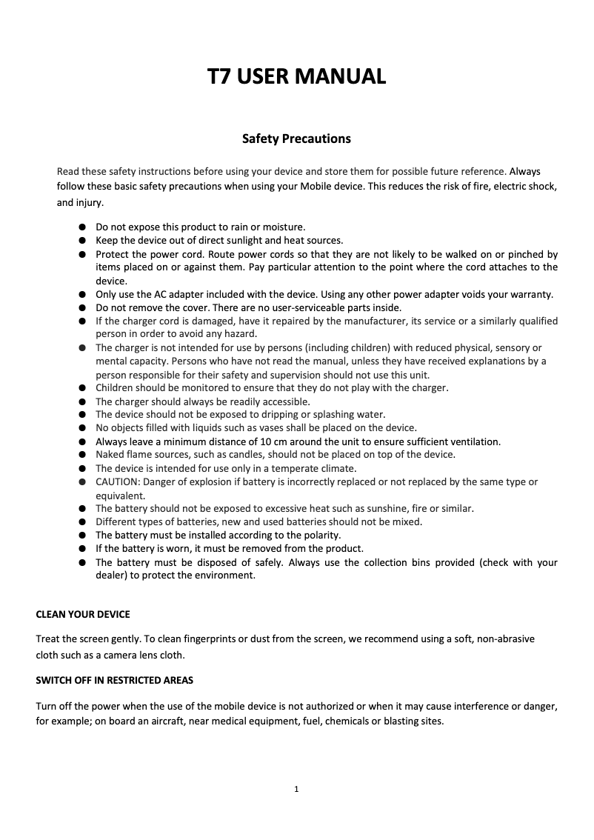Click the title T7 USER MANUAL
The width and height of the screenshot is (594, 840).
click(296, 76)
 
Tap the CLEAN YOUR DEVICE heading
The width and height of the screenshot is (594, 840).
click(83, 615)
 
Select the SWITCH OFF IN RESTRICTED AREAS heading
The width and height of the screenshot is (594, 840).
click(115, 679)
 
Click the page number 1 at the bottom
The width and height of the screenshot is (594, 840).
click(296, 790)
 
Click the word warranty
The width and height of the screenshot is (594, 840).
click(529, 294)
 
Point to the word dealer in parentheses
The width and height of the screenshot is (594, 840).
click(111, 576)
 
